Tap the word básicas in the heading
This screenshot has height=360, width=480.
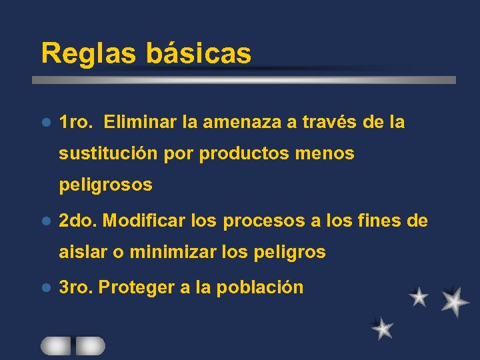pyautogui.click(x=199, y=53)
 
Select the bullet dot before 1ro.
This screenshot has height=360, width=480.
pyautogui.click(x=46, y=123)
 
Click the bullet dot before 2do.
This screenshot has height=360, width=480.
pyautogui.click(x=46, y=221)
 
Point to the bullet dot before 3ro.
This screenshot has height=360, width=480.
pyautogui.click(x=46, y=288)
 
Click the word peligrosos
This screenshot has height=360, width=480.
pyautogui.click(x=105, y=185)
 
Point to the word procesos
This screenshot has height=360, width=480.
pyautogui.click(x=264, y=221)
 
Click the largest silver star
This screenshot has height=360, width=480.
pyautogui.click(x=455, y=301)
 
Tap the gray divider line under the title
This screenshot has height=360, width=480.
pyautogui.click(x=244, y=79)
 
